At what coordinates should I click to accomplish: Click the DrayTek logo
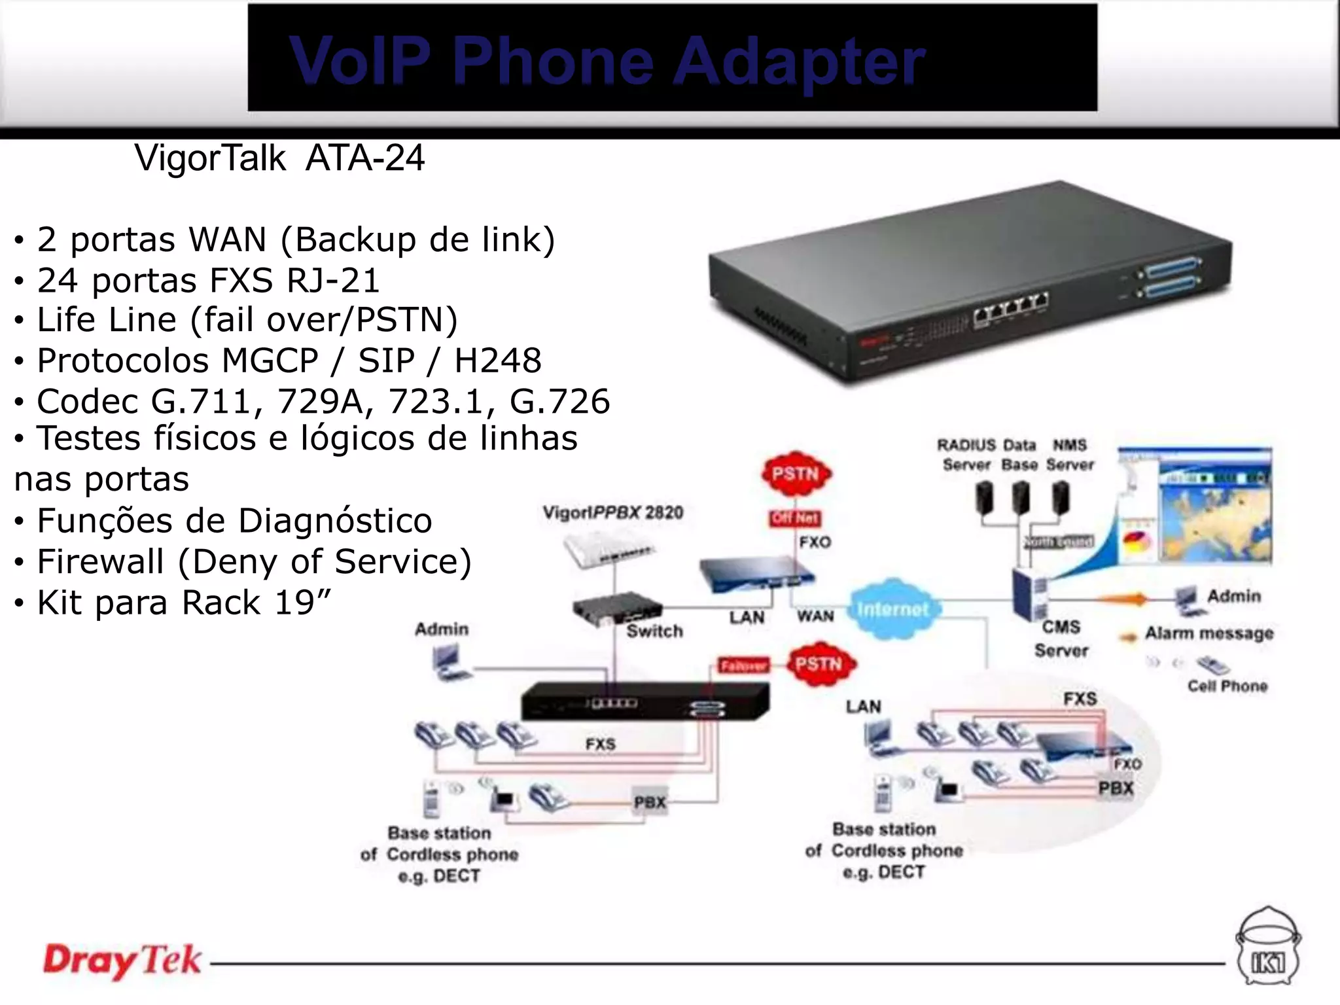pyautogui.click(x=122, y=961)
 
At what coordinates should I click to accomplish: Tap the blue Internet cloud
pyautogui.click(x=893, y=609)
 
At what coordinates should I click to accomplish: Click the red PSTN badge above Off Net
pyautogui.click(x=796, y=474)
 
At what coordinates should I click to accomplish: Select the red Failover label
pyautogui.click(x=743, y=665)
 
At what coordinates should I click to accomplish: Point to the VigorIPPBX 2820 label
pyautogui.click(x=613, y=512)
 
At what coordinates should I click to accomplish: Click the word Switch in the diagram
pyautogui.click(x=654, y=631)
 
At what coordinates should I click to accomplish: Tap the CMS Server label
pyautogui.click(x=1061, y=639)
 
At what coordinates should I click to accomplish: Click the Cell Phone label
pyautogui.click(x=1227, y=686)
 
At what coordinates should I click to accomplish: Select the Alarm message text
pyautogui.click(x=1209, y=633)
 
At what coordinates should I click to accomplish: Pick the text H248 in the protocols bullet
pyautogui.click(x=498, y=361)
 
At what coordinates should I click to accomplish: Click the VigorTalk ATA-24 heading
pyautogui.click(x=279, y=158)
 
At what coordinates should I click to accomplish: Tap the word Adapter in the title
pyautogui.click(x=799, y=61)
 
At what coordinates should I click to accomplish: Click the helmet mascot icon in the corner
pyautogui.click(x=1268, y=947)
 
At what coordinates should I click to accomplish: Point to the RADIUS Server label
pyautogui.click(x=966, y=455)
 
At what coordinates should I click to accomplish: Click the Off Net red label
pyautogui.click(x=795, y=518)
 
